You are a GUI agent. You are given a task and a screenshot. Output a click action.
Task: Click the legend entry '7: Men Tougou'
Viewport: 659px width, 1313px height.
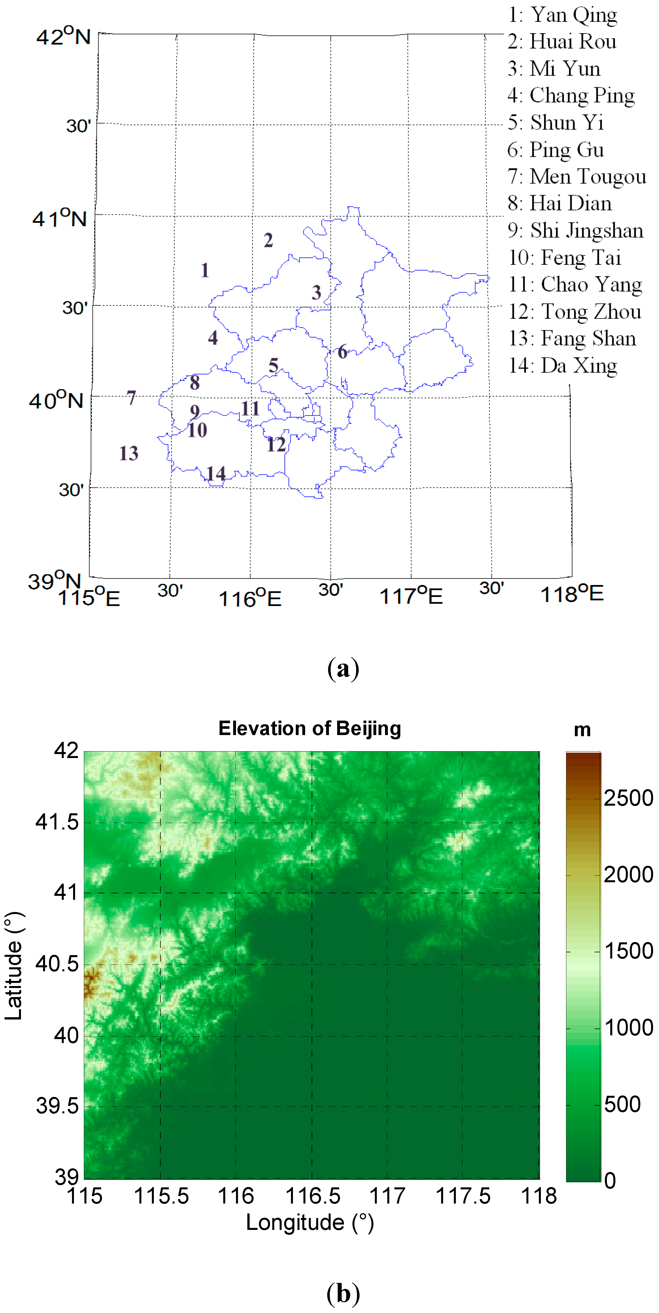pyautogui.click(x=577, y=176)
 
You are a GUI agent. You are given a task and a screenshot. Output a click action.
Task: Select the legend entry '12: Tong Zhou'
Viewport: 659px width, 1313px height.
pyautogui.click(x=575, y=311)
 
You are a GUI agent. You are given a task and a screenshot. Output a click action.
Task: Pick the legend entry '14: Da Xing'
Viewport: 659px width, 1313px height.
pyautogui.click(x=563, y=366)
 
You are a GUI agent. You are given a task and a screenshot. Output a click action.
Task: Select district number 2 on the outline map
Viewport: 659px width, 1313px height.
pyautogui.click(x=268, y=240)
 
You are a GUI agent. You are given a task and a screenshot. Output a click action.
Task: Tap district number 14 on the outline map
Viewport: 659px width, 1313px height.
pyautogui.click(x=216, y=474)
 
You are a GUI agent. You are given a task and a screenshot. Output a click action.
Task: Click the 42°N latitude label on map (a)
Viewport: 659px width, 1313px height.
pyautogui.click(x=63, y=36)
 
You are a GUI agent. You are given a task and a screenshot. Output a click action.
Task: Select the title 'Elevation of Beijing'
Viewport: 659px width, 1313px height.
pyautogui.click(x=310, y=728)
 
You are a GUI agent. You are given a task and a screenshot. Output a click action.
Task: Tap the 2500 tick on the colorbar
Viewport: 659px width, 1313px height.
pyautogui.click(x=628, y=798)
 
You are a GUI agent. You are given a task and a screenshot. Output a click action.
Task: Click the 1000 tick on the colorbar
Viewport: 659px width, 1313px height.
pyautogui.click(x=628, y=1027)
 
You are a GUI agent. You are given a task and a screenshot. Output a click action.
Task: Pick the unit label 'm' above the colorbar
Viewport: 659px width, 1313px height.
pyautogui.click(x=582, y=730)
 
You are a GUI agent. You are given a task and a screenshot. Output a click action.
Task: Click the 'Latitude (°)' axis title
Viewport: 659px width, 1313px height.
pyautogui.click(x=14, y=966)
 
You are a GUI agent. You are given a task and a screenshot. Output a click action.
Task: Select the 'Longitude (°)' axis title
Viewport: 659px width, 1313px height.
pyautogui.click(x=310, y=1222)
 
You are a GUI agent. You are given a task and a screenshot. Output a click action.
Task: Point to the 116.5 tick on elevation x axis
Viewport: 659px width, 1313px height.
pyautogui.click(x=312, y=1196)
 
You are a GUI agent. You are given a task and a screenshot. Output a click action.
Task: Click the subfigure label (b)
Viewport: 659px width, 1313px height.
pyautogui.click(x=343, y=1294)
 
